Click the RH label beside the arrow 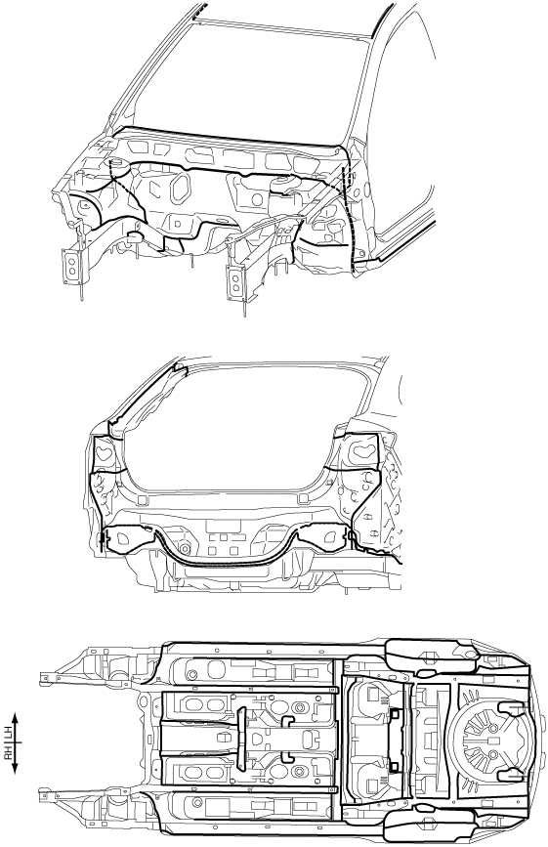coord(9,752)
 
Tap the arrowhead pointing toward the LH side coord(16,717)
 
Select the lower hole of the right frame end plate coord(235,287)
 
